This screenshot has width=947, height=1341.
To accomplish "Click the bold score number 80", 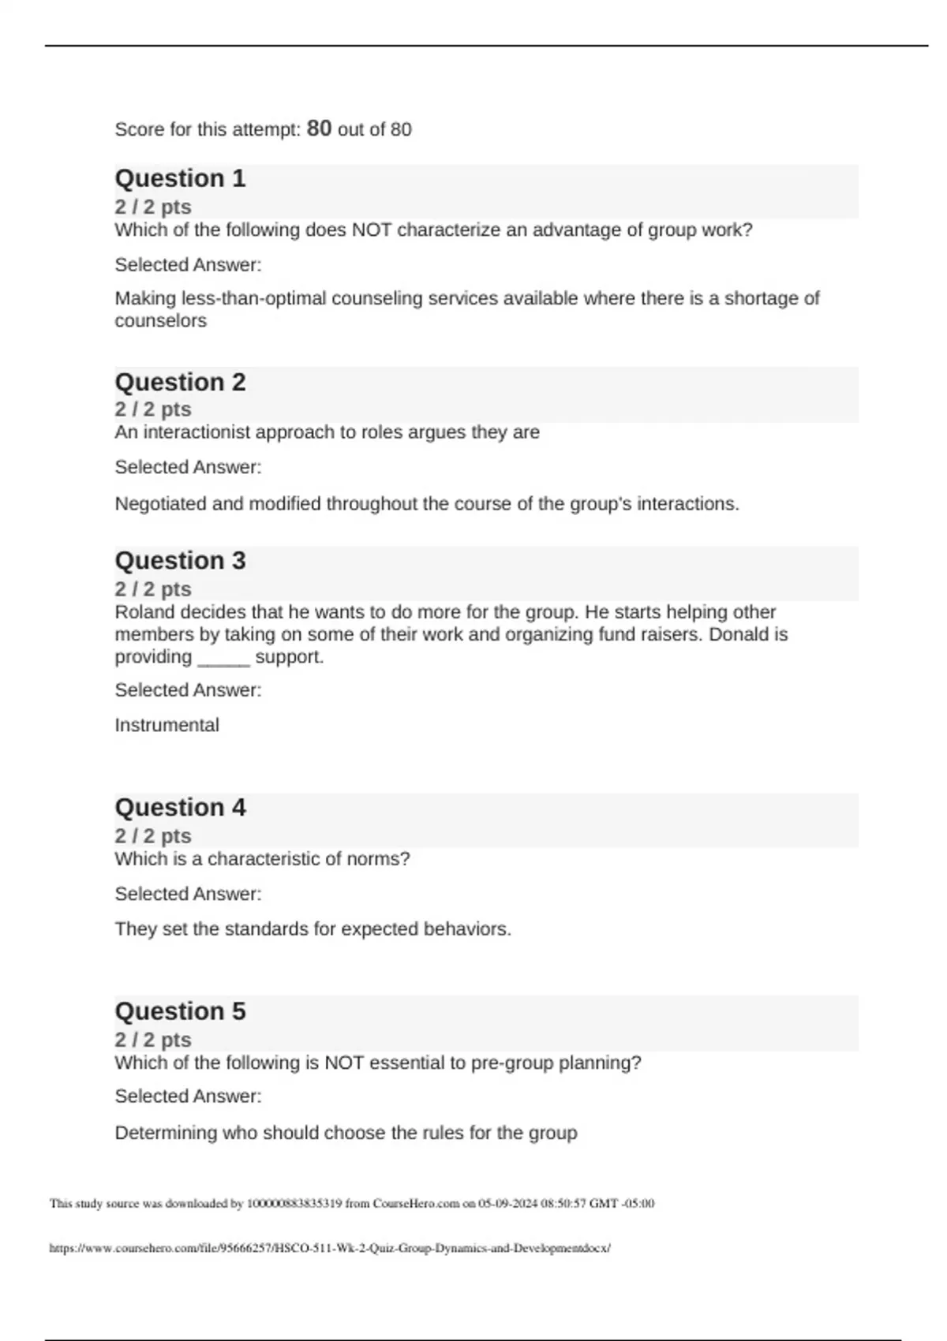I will pyautogui.click(x=319, y=128).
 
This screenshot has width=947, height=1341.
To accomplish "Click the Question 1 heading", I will pyautogui.click(x=180, y=178).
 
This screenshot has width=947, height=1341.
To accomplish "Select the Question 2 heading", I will pyautogui.click(x=180, y=382).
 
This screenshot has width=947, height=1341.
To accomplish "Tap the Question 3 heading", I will pyautogui.click(x=180, y=561).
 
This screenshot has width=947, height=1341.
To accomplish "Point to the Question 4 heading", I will pyautogui.click(x=180, y=808).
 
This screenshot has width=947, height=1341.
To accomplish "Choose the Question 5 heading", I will pyautogui.click(x=180, y=1011).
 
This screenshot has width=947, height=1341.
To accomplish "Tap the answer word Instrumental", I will pyautogui.click(x=167, y=725).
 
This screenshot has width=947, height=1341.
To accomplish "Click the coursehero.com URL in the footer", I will pyautogui.click(x=330, y=1248).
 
